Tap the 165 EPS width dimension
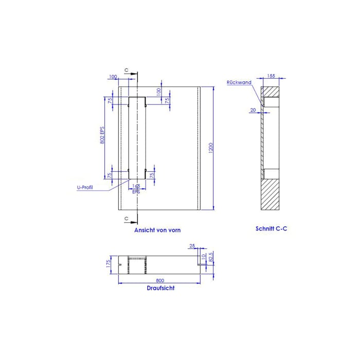tap(136, 188)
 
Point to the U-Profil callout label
tap(85, 188)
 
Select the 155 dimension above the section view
tap(271, 76)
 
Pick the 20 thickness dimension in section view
tap(253, 110)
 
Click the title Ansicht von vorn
tap(157, 230)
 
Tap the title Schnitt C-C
tap(271, 228)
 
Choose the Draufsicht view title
tap(160, 288)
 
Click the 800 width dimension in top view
tap(159, 280)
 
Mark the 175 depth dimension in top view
tap(109, 264)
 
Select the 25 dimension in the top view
tap(192, 246)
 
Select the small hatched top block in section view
tap(270, 92)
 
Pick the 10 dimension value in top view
tap(203, 256)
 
